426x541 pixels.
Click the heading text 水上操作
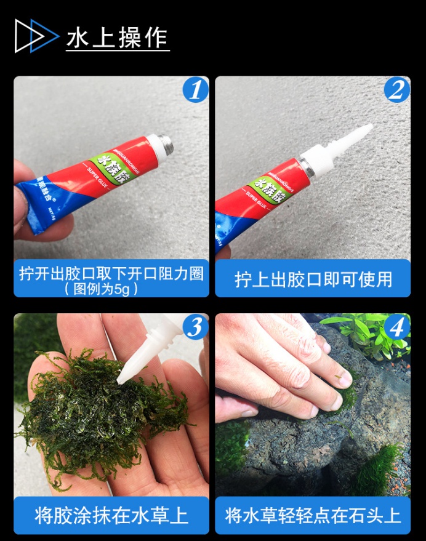(117, 36)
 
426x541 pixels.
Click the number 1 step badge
(195, 90)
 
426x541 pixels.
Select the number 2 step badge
(396, 90)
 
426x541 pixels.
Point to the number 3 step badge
(195, 327)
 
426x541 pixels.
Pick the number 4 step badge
(396, 327)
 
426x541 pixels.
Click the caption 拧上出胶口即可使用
(313, 279)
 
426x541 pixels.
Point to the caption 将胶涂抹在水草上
(111, 515)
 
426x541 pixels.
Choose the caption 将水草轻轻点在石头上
(313, 515)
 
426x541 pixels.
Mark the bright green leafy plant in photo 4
(369, 332)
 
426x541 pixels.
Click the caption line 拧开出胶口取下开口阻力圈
(111, 273)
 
